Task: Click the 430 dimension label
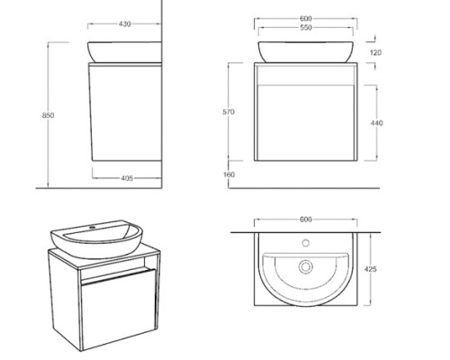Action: pos(124,24)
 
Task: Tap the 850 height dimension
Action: pos(48,115)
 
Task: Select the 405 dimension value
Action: pos(127,178)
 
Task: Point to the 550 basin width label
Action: pos(306,28)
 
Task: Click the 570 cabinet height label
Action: pos(229,112)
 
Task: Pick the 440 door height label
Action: pos(377,123)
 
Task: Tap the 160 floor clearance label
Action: pos(229,175)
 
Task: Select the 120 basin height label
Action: pos(375,53)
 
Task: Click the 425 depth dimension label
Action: pos(371,269)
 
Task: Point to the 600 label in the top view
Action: pos(306,220)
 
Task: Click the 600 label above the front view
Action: pos(306,19)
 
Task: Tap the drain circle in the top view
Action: pos(306,266)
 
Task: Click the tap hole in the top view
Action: pos(306,243)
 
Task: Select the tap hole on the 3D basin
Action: pos(92,228)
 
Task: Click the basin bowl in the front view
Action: pos(306,52)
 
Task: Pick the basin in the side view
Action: pos(124,52)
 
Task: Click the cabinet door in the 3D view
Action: pos(119,309)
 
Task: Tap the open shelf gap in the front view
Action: pos(306,75)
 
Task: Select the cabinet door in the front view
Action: pos(306,122)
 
